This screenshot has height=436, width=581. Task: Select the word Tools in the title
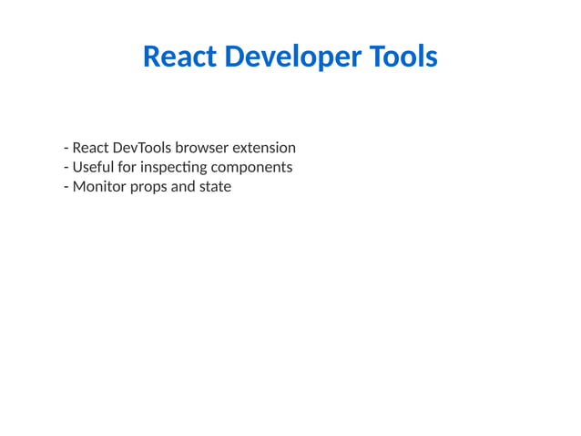coord(403,57)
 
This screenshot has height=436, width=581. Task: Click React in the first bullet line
coord(90,148)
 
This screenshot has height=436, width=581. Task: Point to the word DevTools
coord(142,148)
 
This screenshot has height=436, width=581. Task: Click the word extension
coord(266,148)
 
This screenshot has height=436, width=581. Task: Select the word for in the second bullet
coord(127,167)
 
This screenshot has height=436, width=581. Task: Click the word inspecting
coord(174,168)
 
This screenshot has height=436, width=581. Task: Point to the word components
coord(251,168)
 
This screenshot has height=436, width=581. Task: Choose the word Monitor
coord(99,187)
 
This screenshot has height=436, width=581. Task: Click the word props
coord(150,188)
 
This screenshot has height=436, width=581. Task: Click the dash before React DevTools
coord(66,149)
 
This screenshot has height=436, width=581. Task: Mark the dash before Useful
coord(66,168)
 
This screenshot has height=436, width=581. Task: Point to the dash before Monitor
coord(66,188)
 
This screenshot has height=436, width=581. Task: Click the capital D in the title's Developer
coord(233,57)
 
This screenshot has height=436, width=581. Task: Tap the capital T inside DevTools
coord(138,148)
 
